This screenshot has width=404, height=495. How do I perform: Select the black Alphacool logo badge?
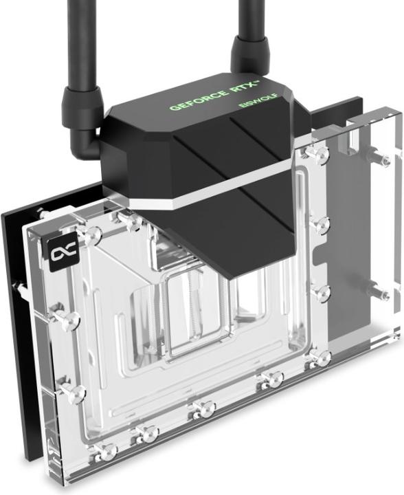point(57,254)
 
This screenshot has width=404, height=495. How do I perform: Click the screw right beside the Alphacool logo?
point(87,235)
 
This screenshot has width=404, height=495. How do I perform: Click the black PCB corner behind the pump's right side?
point(344,110)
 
